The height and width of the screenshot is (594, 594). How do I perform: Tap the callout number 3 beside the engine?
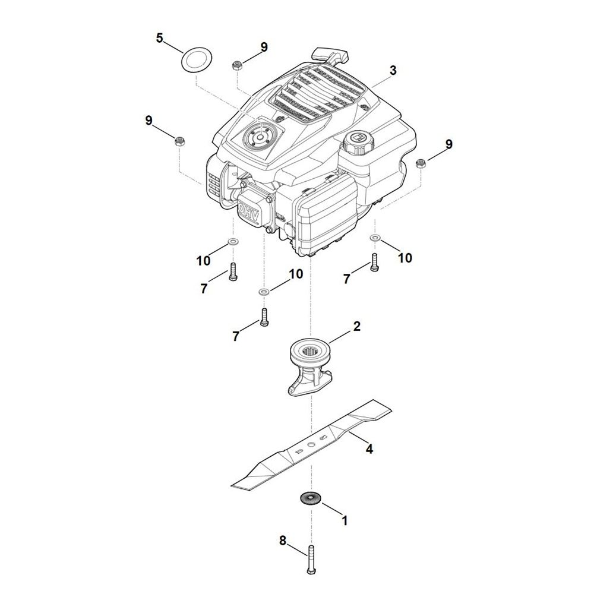pyautogui.click(x=393, y=70)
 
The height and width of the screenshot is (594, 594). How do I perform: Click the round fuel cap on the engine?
pyautogui.click(x=358, y=142)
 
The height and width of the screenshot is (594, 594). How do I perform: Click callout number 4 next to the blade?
pyautogui.click(x=369, y=449)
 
